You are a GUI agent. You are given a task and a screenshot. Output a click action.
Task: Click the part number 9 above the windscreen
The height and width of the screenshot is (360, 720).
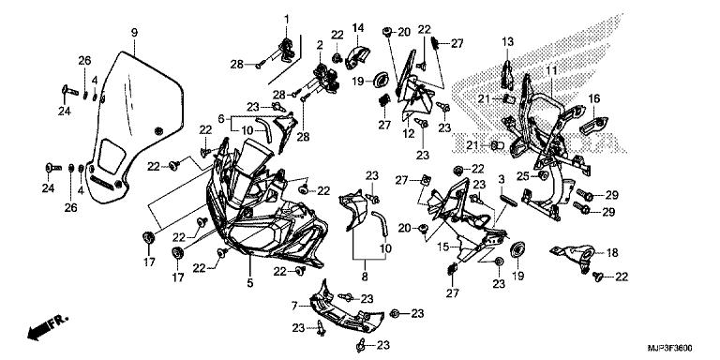[134, 33]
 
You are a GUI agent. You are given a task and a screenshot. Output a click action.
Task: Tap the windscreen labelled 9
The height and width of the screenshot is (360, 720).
[135, 127]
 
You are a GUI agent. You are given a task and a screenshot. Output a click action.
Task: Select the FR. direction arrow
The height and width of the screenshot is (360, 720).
[47, 326]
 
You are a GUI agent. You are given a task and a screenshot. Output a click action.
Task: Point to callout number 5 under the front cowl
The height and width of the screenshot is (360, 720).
[249, 283]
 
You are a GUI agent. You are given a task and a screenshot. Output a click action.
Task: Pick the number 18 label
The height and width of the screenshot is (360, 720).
[612, 252]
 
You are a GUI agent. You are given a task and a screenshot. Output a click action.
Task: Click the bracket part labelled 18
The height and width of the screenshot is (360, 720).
[575, 256]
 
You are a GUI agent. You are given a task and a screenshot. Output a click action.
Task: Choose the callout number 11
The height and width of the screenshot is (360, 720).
[551, 70]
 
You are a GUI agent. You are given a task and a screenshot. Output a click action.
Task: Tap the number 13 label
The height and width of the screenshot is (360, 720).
[507, 42]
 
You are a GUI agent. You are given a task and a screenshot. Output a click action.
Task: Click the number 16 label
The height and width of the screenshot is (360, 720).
[594, 98]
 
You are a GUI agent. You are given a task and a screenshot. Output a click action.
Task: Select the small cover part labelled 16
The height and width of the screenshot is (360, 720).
[594, 125]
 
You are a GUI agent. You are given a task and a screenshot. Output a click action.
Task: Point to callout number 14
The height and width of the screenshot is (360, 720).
[358, 27]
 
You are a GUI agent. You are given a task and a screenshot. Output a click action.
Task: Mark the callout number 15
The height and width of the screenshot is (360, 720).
[442, 247]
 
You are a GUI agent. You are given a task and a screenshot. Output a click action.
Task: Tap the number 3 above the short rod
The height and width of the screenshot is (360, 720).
[502, 179]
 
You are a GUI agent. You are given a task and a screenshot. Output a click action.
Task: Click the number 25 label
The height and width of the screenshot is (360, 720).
[523, 175]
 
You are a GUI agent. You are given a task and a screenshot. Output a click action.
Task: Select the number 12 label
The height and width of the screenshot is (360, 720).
[408, 134]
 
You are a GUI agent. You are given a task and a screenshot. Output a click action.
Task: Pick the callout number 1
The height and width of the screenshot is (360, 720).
[287, 20]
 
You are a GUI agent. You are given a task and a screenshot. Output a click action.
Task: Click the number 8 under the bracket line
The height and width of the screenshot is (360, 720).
[365, 277]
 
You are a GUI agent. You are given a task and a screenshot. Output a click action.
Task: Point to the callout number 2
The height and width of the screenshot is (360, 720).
[320, 45]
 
